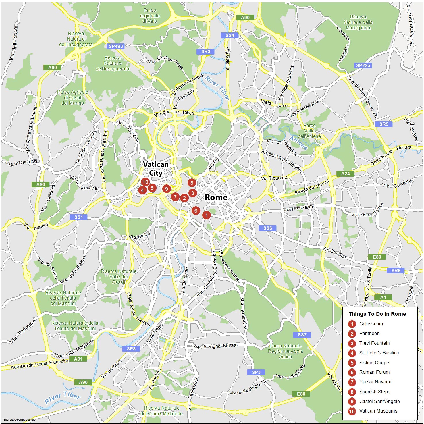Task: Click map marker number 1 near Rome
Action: [x=206, y=215]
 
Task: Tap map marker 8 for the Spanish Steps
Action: [x=192, y=183]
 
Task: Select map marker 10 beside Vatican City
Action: [x=145, y=182]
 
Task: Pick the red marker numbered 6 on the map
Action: [x=196, y=211]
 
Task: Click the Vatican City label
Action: [x=156, y=169]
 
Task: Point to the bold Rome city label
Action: [x=216, y=198]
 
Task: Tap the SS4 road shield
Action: [x=230, y=35]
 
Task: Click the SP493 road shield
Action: [x=116, y=46]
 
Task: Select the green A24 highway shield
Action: [x=345, y=174]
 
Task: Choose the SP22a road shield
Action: [x=363, y=65]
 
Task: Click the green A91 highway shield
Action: [x=78, y=359]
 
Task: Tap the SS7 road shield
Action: [x=302, y=335]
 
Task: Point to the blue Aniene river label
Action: [x=298, y=143]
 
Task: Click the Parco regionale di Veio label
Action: [x=150, y=16]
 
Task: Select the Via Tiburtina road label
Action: [x=274, y=178]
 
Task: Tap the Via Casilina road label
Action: [x=334, y=253]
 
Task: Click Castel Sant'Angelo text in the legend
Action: [x=379, y=401]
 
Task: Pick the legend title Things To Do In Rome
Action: [x=377, y=314]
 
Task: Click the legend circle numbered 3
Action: [x=352, y=343]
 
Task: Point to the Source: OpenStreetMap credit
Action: [x=20, y=419]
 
